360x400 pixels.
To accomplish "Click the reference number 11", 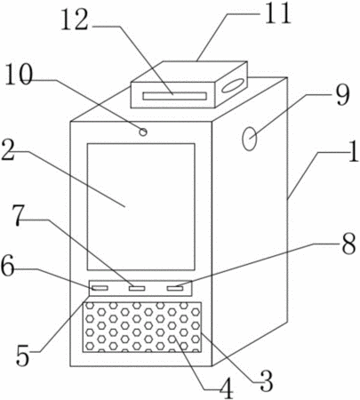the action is [277, 14].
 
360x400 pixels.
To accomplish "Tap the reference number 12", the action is [74, 20].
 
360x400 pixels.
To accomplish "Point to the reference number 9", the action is [343, 95].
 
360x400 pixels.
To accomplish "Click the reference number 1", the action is [353, 152].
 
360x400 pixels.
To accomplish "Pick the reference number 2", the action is [8, 150].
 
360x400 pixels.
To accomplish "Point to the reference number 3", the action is [266, 381].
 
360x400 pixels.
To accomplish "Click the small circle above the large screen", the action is [143, 132].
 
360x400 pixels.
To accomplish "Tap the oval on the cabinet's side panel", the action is [249, 139].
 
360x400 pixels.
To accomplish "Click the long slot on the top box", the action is [174, 96].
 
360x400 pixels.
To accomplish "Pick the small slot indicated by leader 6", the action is [100, 288].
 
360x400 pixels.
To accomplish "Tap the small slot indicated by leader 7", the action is [137, 288].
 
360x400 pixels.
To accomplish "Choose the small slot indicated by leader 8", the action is [174, 288].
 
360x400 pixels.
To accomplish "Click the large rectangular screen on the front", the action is [141, 207].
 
